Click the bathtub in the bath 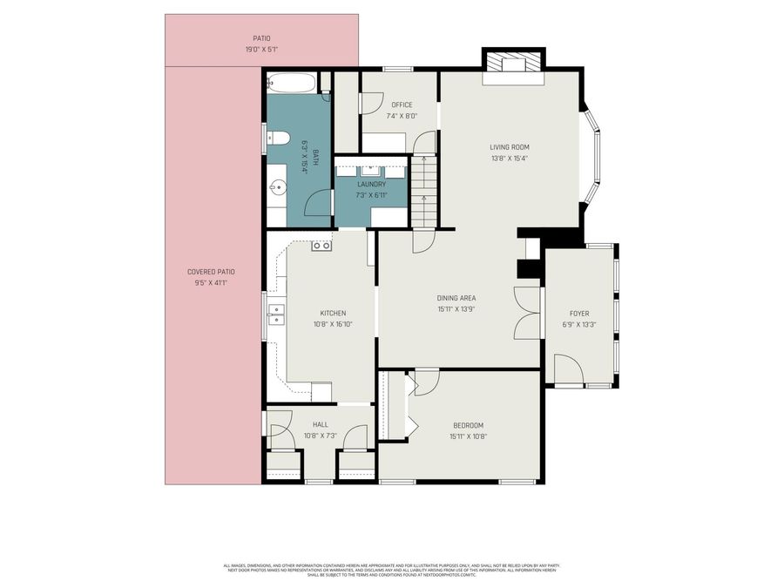pyautogui.click(x=292, y=84)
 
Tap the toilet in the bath pyautogui.click(x=278, y=137)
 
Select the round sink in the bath pyautogui.click(x=278, y=186)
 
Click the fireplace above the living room pyautogui.click(x=513, y=64)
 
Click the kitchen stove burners pyautogui.click(x=321, y=246)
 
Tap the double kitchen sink pyautogui.click(x=276, y=314)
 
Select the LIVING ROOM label pyautogui.click(x=509, y=147)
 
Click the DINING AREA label pyautogui.click(x=456, y=298)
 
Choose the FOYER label pyautogui.click(x=579, y=313)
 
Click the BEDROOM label pyautogui.click(x=468, y=425)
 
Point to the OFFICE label pyautogui.click(x=402, y=105)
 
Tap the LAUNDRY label pyautogui.click(x=371, y=185)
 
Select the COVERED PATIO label pyautogui.click(x=211, y=272)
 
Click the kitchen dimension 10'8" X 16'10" pyautogui.click(x=333, y=324)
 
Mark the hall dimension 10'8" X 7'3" pyautogui.click(x=320, y=436)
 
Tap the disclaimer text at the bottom pyautogui.click(x=392, y=570)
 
